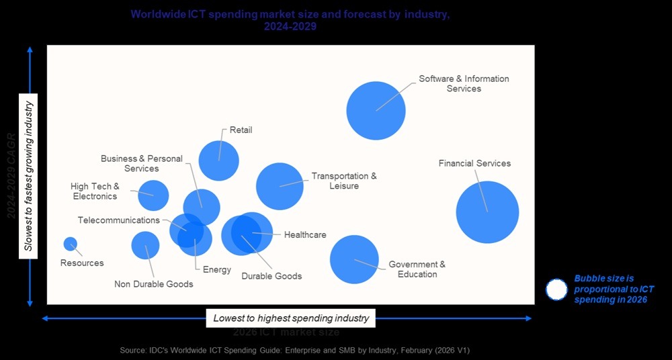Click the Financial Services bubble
pos(487,212)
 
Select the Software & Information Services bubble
pos(376,110)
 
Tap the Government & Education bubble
pos(354,259)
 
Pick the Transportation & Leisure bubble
pos(280,186)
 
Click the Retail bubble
pos(218,161)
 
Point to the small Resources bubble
pos(70,244)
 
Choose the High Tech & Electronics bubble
pos(153,195)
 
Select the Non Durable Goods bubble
pos(145,245)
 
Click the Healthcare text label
pos(305,235)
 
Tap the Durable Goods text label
pos(271,276)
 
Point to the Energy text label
pos(217,270)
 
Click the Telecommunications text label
pos(118,220)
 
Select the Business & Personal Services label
pos(141,164)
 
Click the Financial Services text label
pos(474,163)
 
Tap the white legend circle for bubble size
pos(556,289)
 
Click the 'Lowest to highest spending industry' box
pos(290,318)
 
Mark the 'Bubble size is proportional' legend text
pos(613,289)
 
